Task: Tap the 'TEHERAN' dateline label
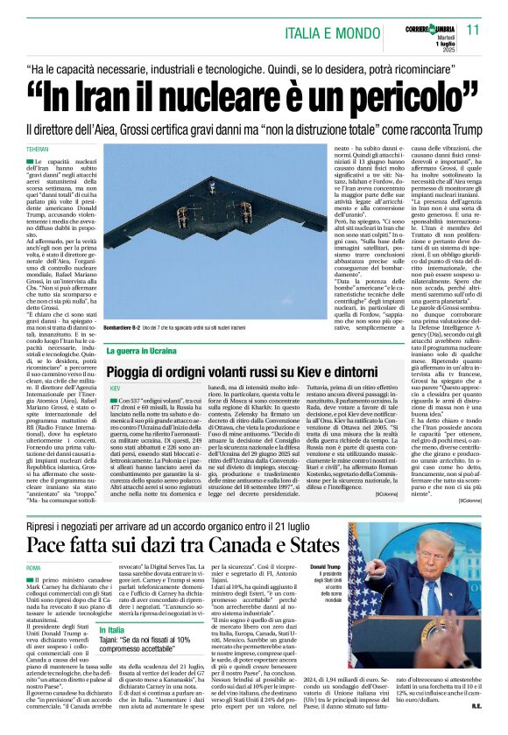[x=37, y=150]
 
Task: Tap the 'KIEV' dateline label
[x=115, y=387]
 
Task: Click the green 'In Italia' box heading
[x=111, y=630]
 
